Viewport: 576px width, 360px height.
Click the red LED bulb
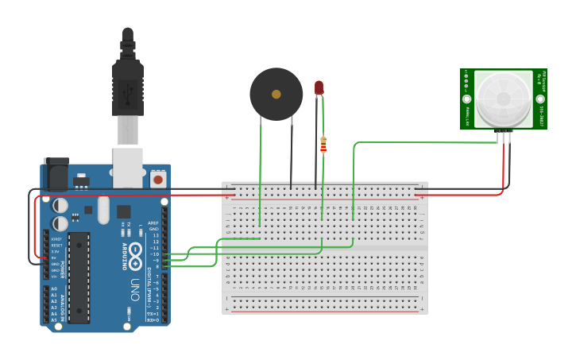[x=319, y=87]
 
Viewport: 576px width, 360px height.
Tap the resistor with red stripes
[x=323, y=145]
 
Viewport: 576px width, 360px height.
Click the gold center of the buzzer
[x=276, y=94]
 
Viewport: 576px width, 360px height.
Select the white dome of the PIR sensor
[x=502, y=99]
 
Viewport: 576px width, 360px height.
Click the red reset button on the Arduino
[x=158, y=180]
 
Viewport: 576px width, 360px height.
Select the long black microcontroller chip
[x=79, y=277]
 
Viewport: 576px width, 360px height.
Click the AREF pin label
[x=154, y=223]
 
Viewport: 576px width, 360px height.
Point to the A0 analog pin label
[x=54, y=288]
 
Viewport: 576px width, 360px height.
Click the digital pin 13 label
[x=155, y=235]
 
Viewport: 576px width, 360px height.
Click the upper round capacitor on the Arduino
[x=60, y=205]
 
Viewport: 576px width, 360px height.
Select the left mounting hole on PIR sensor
[x=466, y=99]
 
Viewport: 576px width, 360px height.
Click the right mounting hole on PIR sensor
[x=539, y=99]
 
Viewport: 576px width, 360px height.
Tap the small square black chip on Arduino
[x=124, y=211]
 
